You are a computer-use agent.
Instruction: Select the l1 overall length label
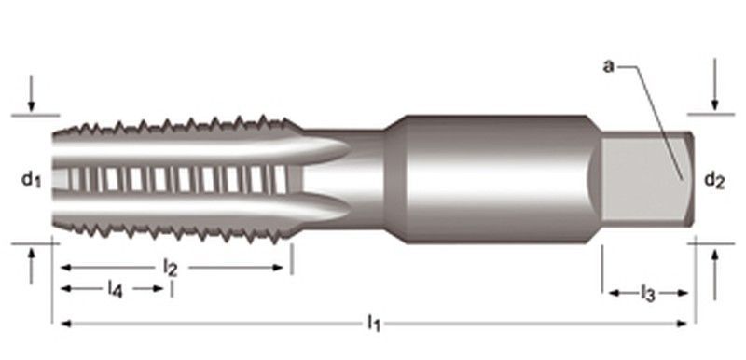pos(374,324)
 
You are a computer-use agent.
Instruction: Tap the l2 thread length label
pos(170,267)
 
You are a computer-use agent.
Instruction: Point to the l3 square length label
pos(647,295)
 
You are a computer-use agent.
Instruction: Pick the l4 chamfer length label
pos(114,288)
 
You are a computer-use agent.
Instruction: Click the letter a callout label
pos(607,65)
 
